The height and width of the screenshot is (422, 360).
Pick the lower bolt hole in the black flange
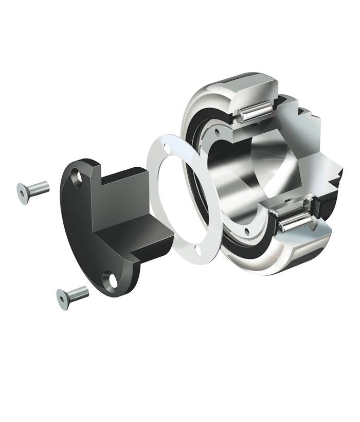tap(110, 280)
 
